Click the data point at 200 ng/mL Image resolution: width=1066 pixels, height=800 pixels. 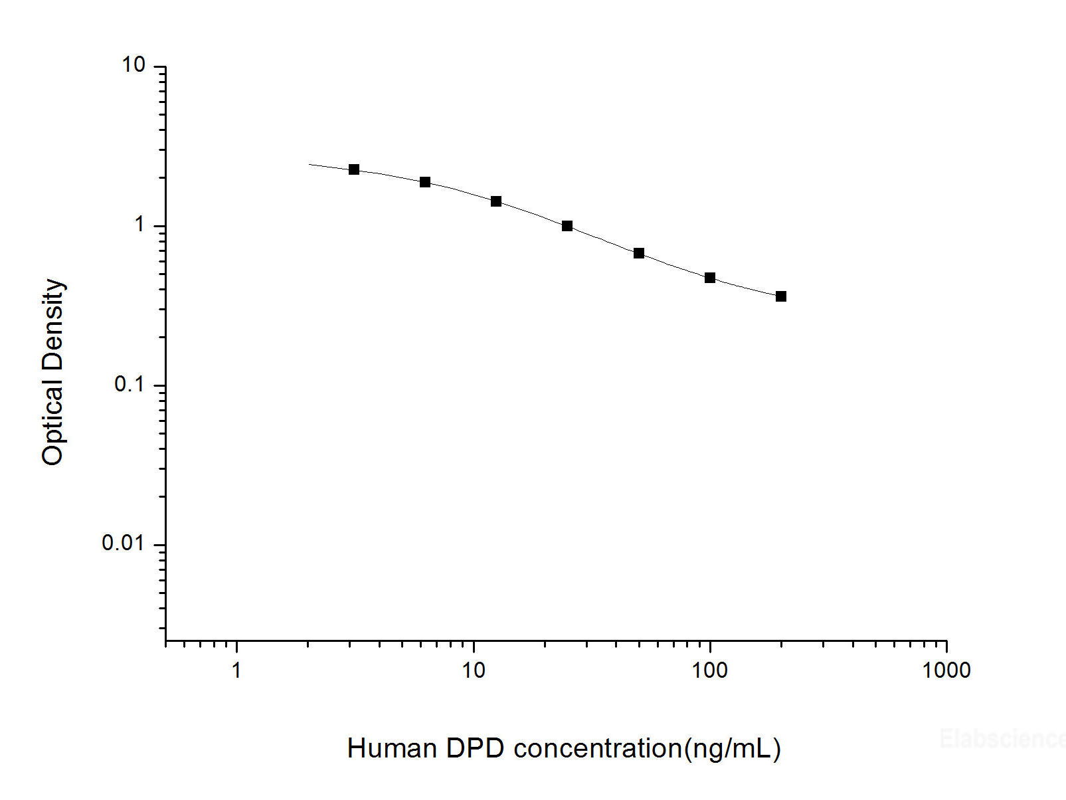[781, 296]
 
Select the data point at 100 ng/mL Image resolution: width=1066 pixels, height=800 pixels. [710, 278]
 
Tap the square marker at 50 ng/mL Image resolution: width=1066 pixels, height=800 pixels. [639, 253]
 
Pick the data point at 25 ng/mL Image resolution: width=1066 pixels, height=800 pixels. [567, 226]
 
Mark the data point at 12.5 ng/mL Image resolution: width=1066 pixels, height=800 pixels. [496, 201]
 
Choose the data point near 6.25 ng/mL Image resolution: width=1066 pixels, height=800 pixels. [425, 182]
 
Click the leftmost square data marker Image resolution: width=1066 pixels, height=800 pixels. [354, 169]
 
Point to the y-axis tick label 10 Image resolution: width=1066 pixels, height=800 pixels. [133, 65]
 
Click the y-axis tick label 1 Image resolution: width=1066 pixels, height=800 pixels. [139, 225]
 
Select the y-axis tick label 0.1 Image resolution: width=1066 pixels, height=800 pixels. [129, 384]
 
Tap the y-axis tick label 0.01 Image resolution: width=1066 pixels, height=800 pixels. [123, 544]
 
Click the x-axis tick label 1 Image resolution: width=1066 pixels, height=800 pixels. [236, 670]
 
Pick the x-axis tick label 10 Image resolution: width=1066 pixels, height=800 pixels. [473, 670]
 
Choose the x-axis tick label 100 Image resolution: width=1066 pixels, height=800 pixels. [709, 670]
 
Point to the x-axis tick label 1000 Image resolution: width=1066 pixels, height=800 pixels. [946, 670]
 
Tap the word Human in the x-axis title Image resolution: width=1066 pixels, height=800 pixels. [392, 748]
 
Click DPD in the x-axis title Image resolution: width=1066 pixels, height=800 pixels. [476, 748]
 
